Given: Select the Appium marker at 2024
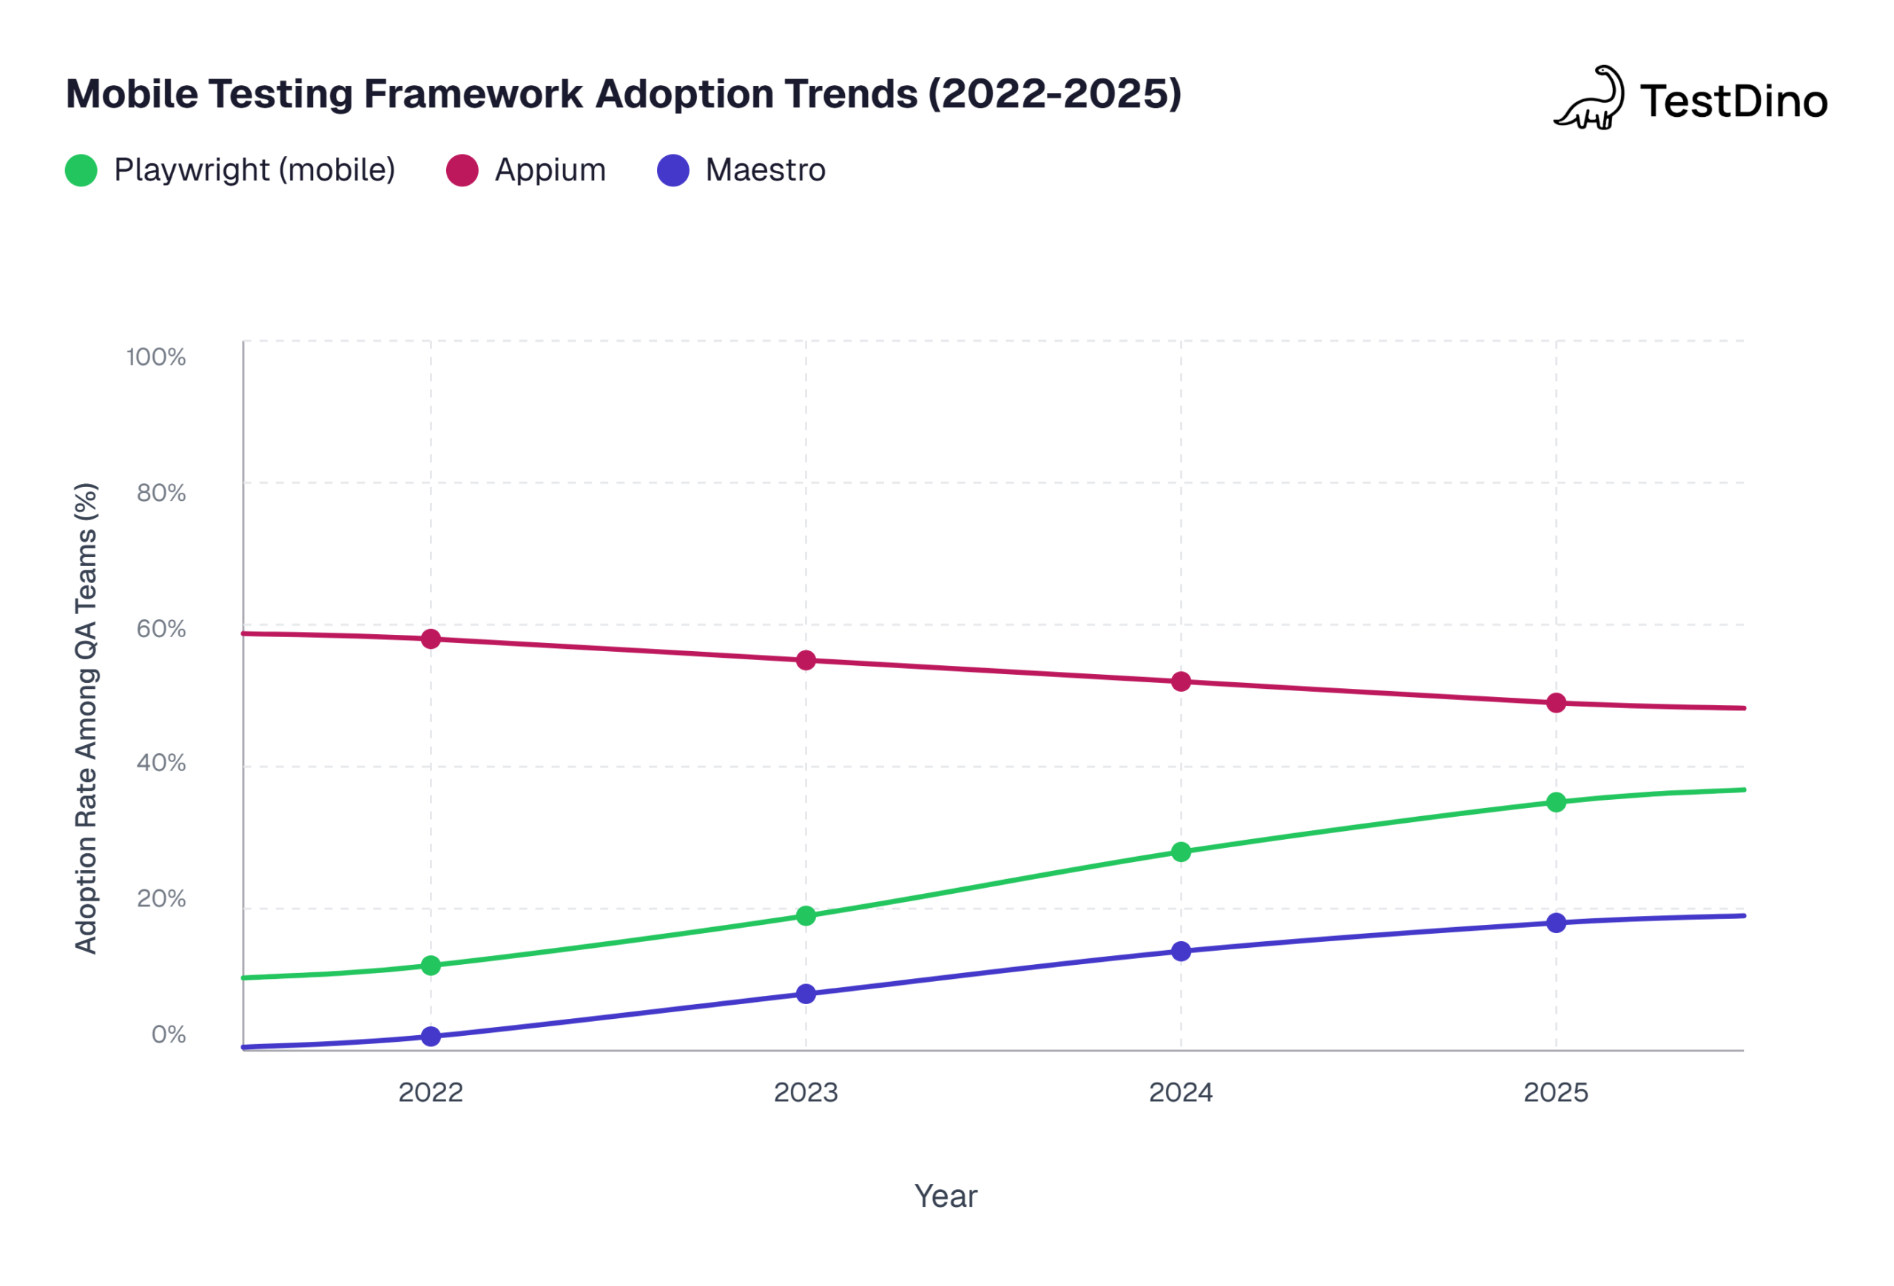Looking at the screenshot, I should (1181, 681).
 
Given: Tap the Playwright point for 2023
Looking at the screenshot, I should (806, 916).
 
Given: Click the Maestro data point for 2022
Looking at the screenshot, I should (431, 1037).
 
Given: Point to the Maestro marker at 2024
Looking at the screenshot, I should (1181, 951).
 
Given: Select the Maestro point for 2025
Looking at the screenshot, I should (1556, 923).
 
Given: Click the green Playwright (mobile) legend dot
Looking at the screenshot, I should (81, 170).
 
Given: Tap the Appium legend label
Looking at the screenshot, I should (550, 170).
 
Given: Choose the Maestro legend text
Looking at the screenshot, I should (765, 170).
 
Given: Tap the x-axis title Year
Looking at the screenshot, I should (946, 1196).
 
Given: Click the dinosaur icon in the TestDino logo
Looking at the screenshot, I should (1589, 99).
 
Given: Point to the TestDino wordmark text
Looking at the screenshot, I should (1733, 102).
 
